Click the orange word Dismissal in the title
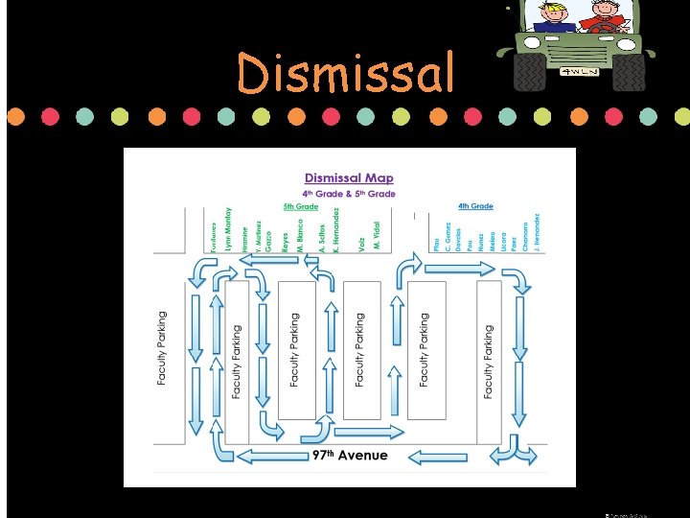pos(345,73)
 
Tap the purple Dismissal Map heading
pos(349,177)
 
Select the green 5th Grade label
pos(300,206)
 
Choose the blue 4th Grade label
pos(475,206)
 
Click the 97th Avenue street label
pos(350,455)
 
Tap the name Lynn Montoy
pos(228,230)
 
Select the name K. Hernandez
pos(336,230)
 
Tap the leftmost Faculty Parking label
pos(161,348)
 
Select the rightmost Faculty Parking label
pos(488,361)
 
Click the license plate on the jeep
pos(580,71)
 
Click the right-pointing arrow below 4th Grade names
pos(459,269)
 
